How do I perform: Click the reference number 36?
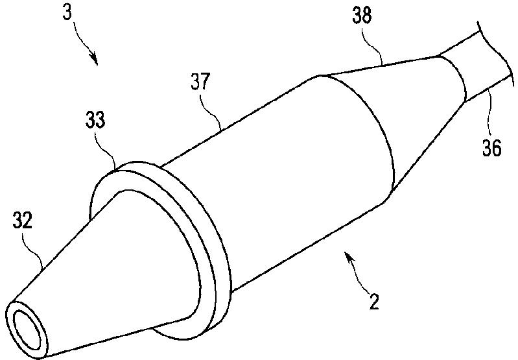491,149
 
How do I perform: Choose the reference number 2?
374,302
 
